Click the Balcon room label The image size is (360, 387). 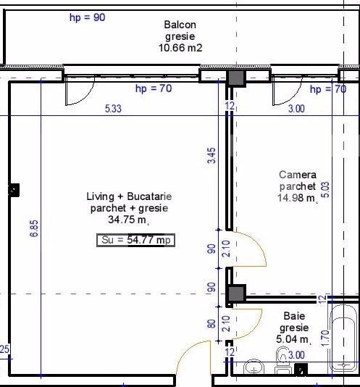[x=180, y=25]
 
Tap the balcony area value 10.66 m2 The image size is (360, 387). [x=180, y=48]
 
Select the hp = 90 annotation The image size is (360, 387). [x=88, y=17]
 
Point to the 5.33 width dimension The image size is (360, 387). [x=113, y=109]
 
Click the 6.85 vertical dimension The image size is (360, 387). [x=34, y=228]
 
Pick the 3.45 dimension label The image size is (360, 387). [x=212, y=156]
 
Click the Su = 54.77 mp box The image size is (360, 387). [x=135, y=240]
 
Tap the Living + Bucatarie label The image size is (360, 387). [x=129, y=196]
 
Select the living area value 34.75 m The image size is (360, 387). [x=128, y=220]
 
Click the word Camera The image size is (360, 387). [x=298, y=175]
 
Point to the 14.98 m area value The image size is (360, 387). [x=297, y=198]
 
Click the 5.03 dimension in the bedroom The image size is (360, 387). [x=325, y=190]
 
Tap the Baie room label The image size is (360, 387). [x=294, y=316]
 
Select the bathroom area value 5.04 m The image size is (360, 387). [x=293, y=339]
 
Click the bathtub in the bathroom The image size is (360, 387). [x=343, y=338]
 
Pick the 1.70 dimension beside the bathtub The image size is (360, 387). [x=325, y=338]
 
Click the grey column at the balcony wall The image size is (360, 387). [x=236, y=78]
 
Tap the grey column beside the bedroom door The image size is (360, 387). [x=236, y=294]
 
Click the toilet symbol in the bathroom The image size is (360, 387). [x=282, y=361]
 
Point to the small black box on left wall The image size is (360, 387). [x=14, y=190]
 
